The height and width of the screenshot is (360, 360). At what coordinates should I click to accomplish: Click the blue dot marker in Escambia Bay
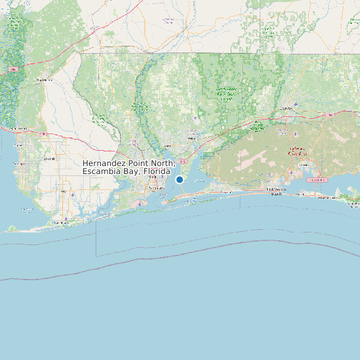179,179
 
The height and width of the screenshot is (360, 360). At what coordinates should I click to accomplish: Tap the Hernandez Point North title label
129,167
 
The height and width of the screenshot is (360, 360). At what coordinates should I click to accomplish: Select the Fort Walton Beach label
278,191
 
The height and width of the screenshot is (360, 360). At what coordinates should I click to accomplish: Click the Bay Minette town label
45,80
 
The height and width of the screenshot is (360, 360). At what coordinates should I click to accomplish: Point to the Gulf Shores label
62,223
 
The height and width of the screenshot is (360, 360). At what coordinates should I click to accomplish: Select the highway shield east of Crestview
329,115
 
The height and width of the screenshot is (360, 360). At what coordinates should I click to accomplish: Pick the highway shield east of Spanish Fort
42,134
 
